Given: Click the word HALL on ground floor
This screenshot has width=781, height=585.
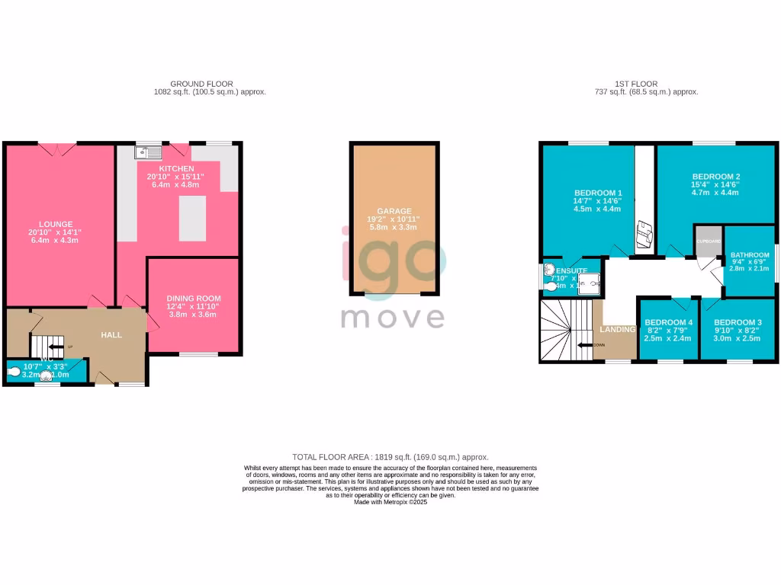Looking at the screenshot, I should point(112,334).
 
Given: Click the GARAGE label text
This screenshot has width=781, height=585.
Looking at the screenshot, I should point(394,211).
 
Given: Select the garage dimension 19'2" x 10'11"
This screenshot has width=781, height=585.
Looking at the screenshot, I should point(394,219).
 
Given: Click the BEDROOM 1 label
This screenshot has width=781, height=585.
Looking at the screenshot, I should point(598,193).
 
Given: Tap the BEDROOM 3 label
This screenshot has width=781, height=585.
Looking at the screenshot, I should point(738,322).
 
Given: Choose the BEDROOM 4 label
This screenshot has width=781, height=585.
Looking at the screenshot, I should point(668,322).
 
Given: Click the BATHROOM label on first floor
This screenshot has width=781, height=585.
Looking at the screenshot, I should point(750,255).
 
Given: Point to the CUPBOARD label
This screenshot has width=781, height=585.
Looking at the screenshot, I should point(709,241).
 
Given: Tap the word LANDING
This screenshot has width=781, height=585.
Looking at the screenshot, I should point(617,329).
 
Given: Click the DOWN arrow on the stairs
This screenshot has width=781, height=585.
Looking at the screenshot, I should point(586,345).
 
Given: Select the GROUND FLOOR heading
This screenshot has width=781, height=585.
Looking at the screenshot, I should point(201,84).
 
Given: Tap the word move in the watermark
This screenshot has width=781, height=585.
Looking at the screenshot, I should point(393,316).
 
